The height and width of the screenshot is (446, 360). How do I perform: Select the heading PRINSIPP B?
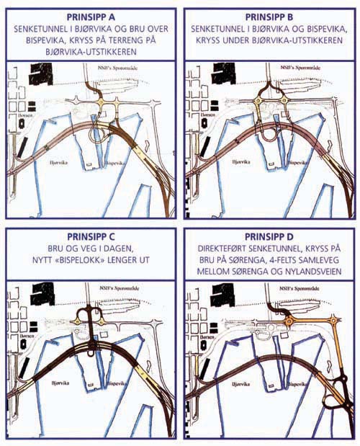(x=268, y=14)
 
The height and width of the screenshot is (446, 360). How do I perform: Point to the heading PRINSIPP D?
(x=268, y=236)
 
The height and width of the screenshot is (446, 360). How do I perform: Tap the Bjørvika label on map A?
(x=58, y=164)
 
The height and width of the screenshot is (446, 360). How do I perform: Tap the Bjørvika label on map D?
(x=235, y=385)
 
